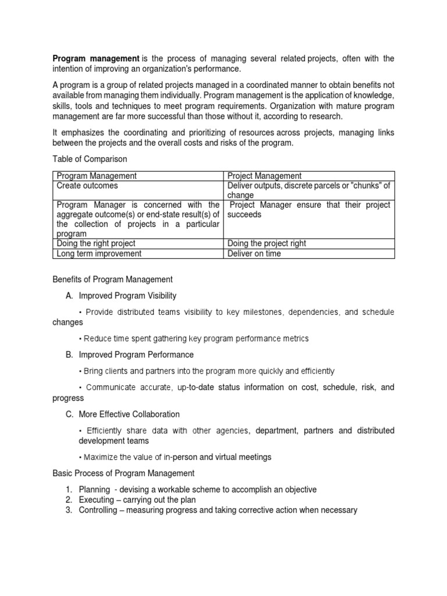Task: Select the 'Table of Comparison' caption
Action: [90, 158]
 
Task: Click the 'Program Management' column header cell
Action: [97, 176]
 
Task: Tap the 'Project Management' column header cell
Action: [264, 176]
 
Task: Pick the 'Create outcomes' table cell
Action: [87, 186]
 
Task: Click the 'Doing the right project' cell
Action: [96, 243]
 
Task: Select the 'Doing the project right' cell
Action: [267, 243]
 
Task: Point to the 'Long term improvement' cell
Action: [98, 253]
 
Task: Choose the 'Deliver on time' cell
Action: [254, 253]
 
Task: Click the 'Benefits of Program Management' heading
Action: [112, 279]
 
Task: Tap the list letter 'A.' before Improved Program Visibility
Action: [69, 296]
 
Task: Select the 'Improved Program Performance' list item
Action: [136, 354]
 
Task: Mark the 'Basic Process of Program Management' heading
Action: [123, 473]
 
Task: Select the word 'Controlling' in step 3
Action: [100, 510]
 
